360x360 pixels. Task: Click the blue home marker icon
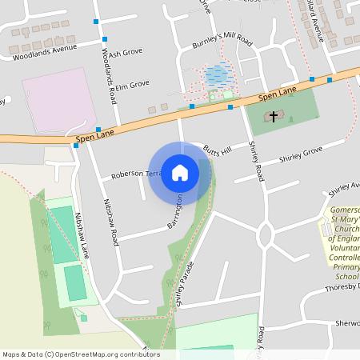[180, 173]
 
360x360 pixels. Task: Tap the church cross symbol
[274, 117]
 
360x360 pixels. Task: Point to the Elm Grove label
[132, 84]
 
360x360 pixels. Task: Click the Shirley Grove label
[300, 151]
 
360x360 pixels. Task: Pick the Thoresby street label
[342, 287]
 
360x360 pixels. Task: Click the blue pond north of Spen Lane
[215, 76]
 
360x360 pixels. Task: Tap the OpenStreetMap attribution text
[80, 354]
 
